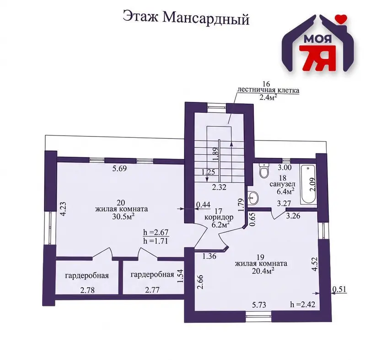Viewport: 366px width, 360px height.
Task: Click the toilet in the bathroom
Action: (264, 171)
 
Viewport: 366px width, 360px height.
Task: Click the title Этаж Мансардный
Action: (186, 18)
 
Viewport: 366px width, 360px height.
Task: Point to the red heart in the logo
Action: (341, 19)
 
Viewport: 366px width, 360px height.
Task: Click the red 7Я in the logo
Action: (318, 58)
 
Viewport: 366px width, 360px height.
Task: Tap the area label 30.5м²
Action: (123, 217)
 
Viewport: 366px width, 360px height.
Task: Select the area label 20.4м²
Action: (263, 271)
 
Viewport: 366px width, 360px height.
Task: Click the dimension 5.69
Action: (119, 168)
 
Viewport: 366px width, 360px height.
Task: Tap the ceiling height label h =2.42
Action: (302, 304)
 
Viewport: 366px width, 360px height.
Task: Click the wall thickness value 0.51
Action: (339, 289)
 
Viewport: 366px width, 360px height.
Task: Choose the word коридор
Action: (219, 217)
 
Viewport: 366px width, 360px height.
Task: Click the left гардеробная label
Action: (87, 275)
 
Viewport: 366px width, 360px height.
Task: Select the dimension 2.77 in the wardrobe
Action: (152, 290)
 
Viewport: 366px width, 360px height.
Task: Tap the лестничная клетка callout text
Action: (268, 90)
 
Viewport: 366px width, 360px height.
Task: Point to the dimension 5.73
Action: (259, 305)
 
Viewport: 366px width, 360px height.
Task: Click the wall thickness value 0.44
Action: (203, 205)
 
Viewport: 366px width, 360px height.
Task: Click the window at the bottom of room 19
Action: (258, 316)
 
